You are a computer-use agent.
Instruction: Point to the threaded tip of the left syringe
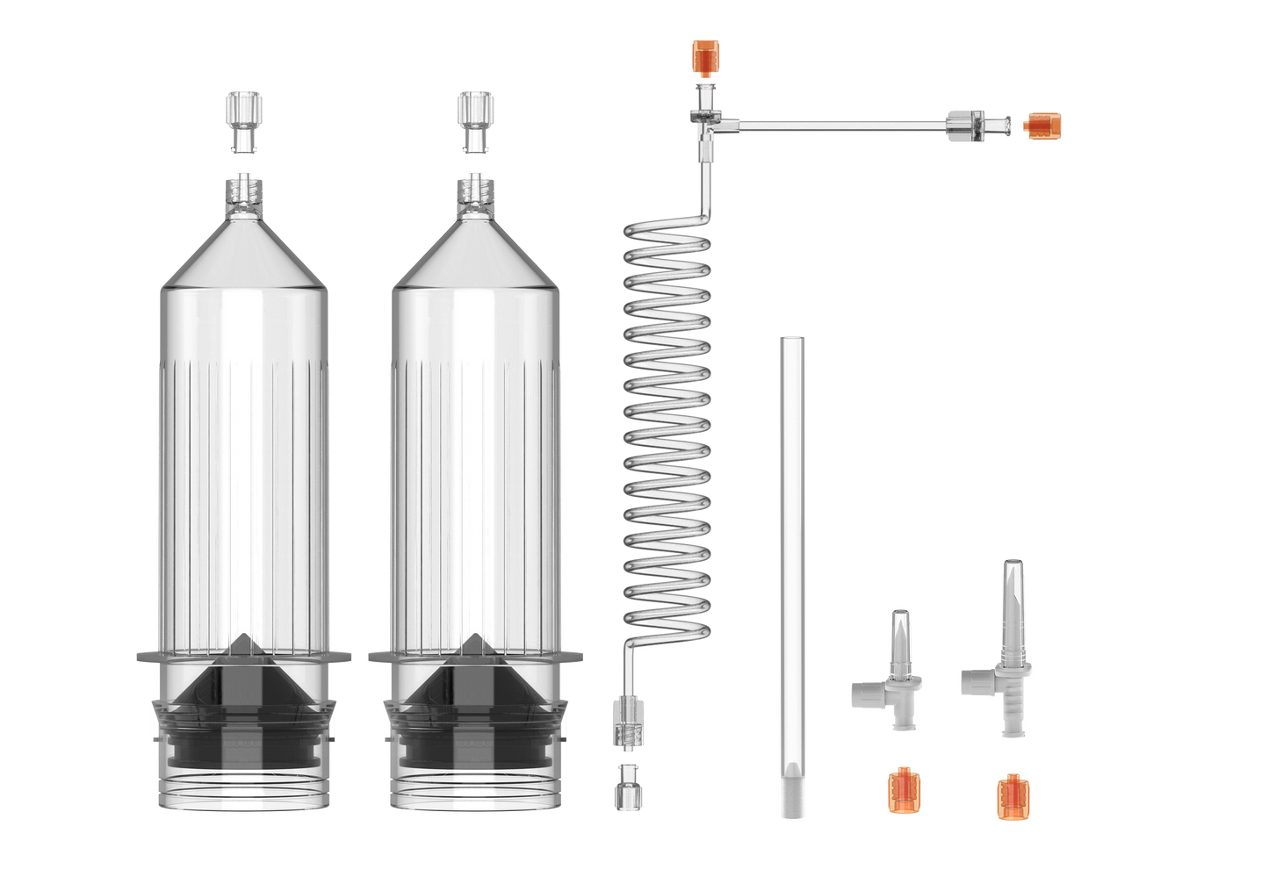click(x=243, y=194)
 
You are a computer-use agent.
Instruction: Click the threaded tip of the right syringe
click(x=475, y=194)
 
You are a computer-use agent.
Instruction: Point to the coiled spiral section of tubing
click(x=667, y=421)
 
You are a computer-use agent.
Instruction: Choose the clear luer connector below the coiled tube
click(x=628, y=720)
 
